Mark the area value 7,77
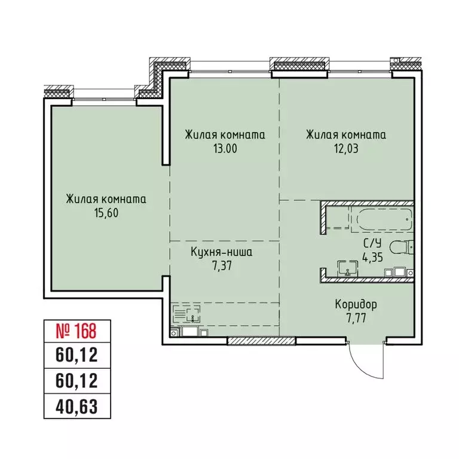(x=356, y=317)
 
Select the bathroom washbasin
(x=346, y=269)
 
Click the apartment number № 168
(x=71, y=329)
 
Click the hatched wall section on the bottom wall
(x=262, y=341)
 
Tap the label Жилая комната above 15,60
(x=106, y=199)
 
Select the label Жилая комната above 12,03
(x=345, y=135)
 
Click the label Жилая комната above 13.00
(x=225, y=135)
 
